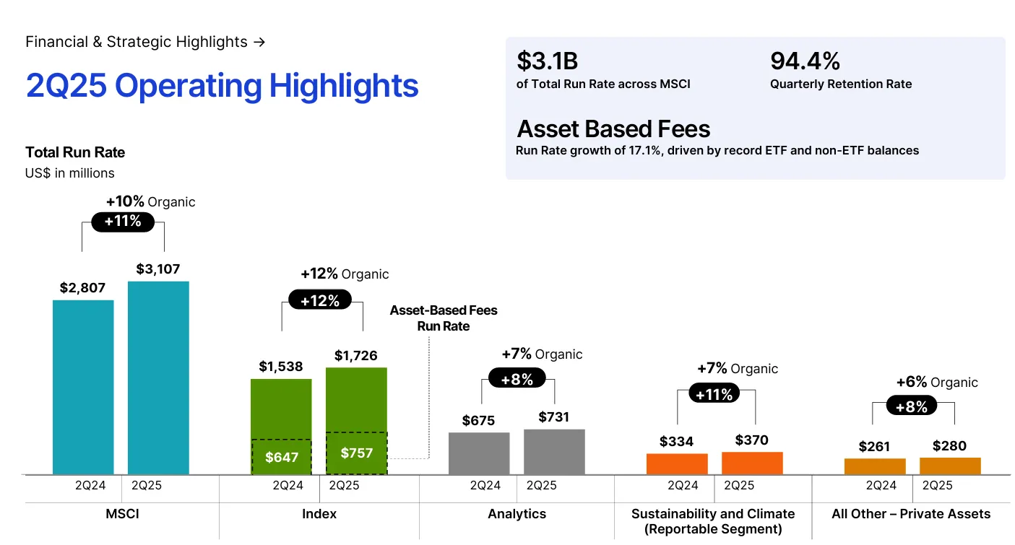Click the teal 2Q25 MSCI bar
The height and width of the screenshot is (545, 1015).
tap(158, 377)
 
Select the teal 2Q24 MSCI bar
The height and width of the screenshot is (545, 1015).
tap(83, 386)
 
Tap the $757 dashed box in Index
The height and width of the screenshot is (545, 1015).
tap(356, 453)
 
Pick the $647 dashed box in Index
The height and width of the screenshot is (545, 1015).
tap(281, 456)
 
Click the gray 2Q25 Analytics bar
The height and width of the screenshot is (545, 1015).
tap(554, 451)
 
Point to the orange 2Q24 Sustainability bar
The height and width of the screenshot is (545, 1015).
tap(677, 463)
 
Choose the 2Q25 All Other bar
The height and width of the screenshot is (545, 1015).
tap(950, 466)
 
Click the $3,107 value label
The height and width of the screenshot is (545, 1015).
tap(158, 269)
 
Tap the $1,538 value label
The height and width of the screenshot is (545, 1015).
tap(281, 367)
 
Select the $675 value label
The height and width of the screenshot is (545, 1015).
tap(479, 420)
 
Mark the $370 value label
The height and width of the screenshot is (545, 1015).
tap(752, 440)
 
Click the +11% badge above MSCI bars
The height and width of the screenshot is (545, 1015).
tap(123, 222)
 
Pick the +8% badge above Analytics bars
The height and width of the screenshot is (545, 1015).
tap(517, 378)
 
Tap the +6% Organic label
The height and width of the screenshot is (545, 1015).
tap(937, 383)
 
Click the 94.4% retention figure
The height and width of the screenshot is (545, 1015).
tap(805, 61)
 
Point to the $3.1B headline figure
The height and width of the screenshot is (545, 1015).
tap(547, 61)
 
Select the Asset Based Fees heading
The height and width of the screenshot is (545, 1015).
tap(613, 129)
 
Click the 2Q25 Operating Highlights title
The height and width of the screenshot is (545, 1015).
tap(222, 85)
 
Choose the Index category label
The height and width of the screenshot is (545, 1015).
tap(319, 514)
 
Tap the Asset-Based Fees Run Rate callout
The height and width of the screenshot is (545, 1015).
tap(444, 318)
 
